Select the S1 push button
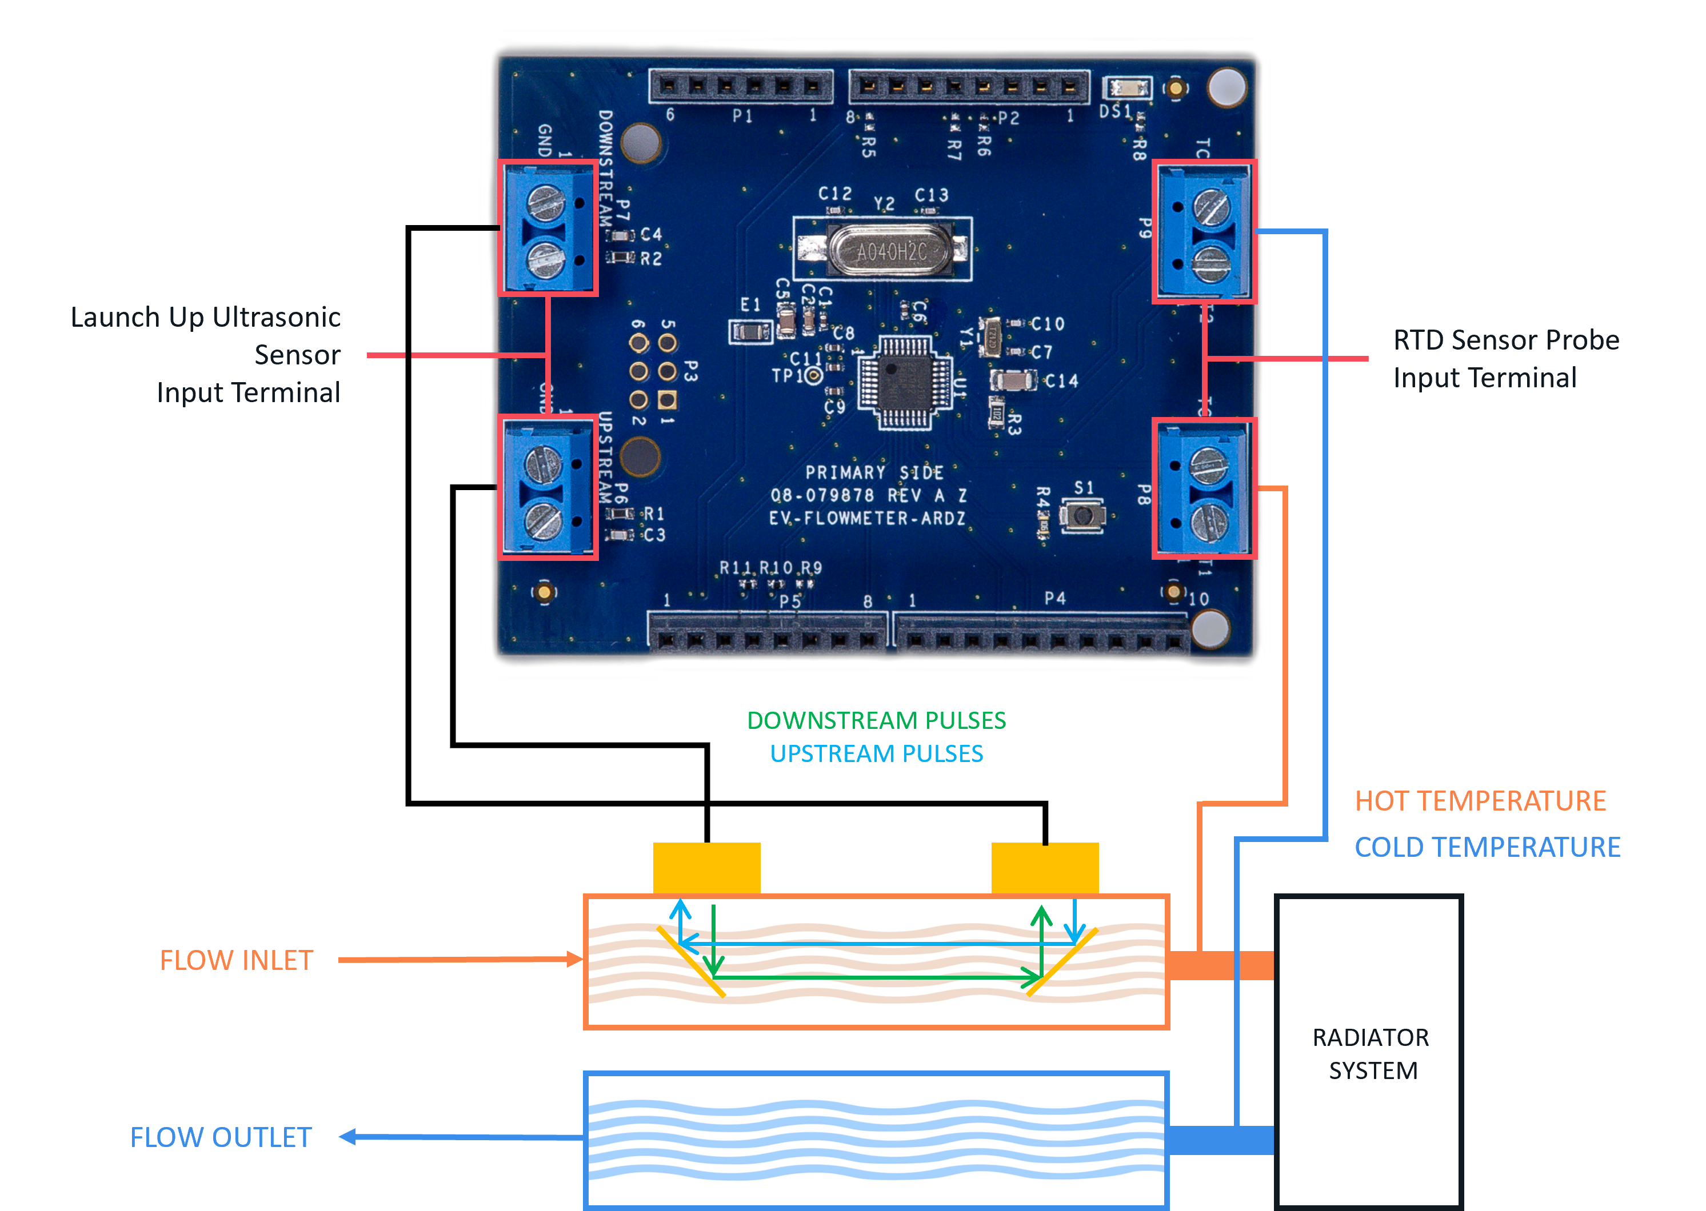click(x=1083, y=515)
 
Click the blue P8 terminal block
click(x=1203, y=488)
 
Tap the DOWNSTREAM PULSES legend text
click(x=877, y=720)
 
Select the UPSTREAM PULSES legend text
click(x=877, y=754)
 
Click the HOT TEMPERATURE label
click(x=1480, y=801)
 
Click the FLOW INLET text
click(x=237, y=960)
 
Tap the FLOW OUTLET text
click(x=221, y=1137)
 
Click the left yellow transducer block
click(x=706, y=868)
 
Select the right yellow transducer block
click(x=1044, y=868)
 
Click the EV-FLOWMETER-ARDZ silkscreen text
click(x=867, y=518)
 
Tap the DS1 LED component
click(x=1127, y=89)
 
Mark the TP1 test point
click(x=814, y=376)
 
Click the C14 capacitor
click(x=1012, y=381)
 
